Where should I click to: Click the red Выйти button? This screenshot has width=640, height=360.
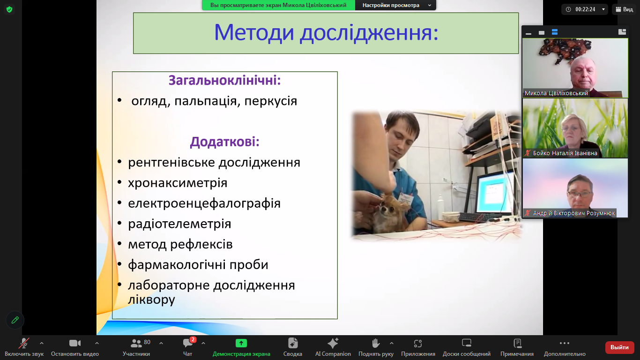point(619,347)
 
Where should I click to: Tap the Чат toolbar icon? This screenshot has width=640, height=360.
point(188,343)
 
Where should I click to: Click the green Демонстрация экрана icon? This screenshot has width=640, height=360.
point(241,343)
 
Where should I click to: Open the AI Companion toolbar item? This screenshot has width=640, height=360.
point(333,347)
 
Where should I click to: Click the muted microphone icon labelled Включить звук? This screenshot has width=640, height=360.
point(24,343)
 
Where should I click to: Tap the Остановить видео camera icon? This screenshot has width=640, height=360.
point(75,343)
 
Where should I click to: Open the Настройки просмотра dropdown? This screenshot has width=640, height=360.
point(396,5)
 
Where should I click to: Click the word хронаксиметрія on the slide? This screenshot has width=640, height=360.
point(178,183)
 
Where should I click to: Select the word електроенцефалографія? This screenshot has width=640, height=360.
point(204,203)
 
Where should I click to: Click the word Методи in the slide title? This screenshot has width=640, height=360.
point(254,33)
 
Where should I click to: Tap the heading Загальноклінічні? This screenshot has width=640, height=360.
point(224,80)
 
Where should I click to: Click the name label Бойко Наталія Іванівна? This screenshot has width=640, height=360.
point(565,153)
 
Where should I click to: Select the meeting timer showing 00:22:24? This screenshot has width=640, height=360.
point(585,9)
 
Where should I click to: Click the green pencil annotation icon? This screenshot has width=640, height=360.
point(15,320)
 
